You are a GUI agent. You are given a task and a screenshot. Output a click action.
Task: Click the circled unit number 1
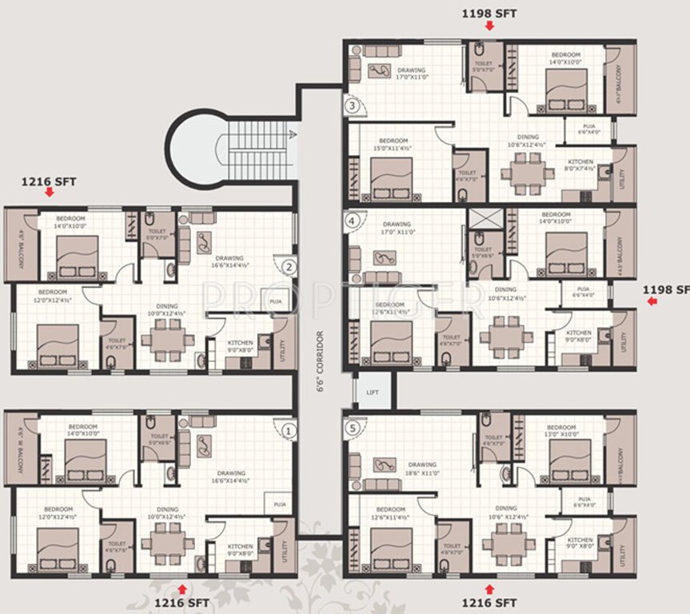click(x=289, y=431)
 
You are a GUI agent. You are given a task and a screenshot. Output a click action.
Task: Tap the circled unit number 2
click(x=289, y=268)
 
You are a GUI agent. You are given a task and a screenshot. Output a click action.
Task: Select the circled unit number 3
click(x=350, y=105)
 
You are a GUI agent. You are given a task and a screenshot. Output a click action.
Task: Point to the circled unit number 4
click(x=350, y=221)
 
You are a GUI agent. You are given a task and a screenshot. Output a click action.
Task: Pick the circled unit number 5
click(x=350, y=426)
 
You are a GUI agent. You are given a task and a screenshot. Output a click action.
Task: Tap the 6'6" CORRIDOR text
click(x=320, y=361)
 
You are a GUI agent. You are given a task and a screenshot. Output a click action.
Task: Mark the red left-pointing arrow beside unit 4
click(x=652, y=301)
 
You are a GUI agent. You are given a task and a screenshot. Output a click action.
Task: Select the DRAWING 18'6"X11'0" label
click(x=421, y=468)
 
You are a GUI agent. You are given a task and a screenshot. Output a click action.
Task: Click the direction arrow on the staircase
click(x=293, y=134)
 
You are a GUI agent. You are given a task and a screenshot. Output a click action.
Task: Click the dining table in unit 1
click(x=168, y=544)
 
